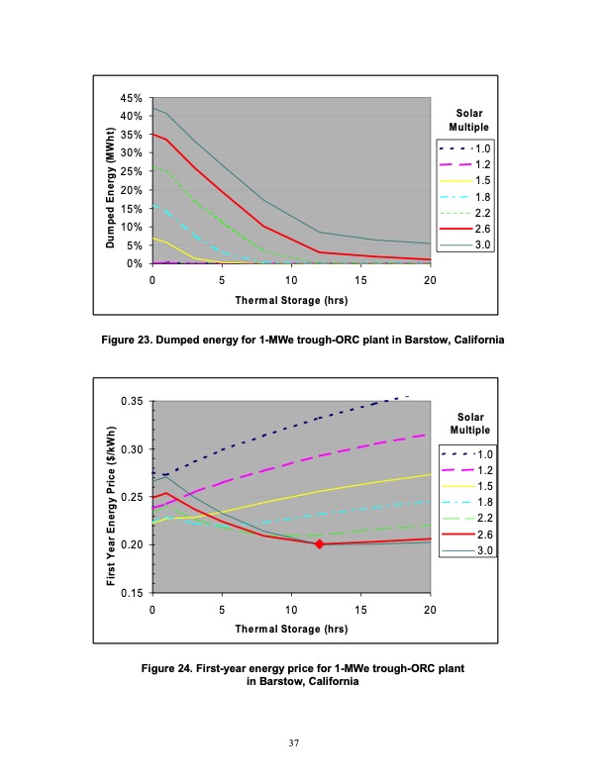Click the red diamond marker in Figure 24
tap(320, 544)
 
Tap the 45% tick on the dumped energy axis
tap(132, 98)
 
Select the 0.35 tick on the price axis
tap(132, 401)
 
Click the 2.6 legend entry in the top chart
tap(465, 229)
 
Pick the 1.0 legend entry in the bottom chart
tap(467, 454)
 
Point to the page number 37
tap(294, 743)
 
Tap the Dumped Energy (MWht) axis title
tap(111, 187)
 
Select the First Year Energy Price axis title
tap(111, 506)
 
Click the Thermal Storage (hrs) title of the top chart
tap(291, 301)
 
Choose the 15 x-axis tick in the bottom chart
tap(360, 610)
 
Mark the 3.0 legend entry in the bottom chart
tap(467, 550)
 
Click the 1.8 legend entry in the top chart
tap(465, 197)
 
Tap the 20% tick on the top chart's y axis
tap(132, 190)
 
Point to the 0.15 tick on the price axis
tap(132, 593)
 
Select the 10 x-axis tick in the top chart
tap(291, 280)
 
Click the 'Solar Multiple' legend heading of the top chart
tap(469, 120)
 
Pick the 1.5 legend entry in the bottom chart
tap(467, 486)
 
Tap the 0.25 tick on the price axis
tap(132, 497)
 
